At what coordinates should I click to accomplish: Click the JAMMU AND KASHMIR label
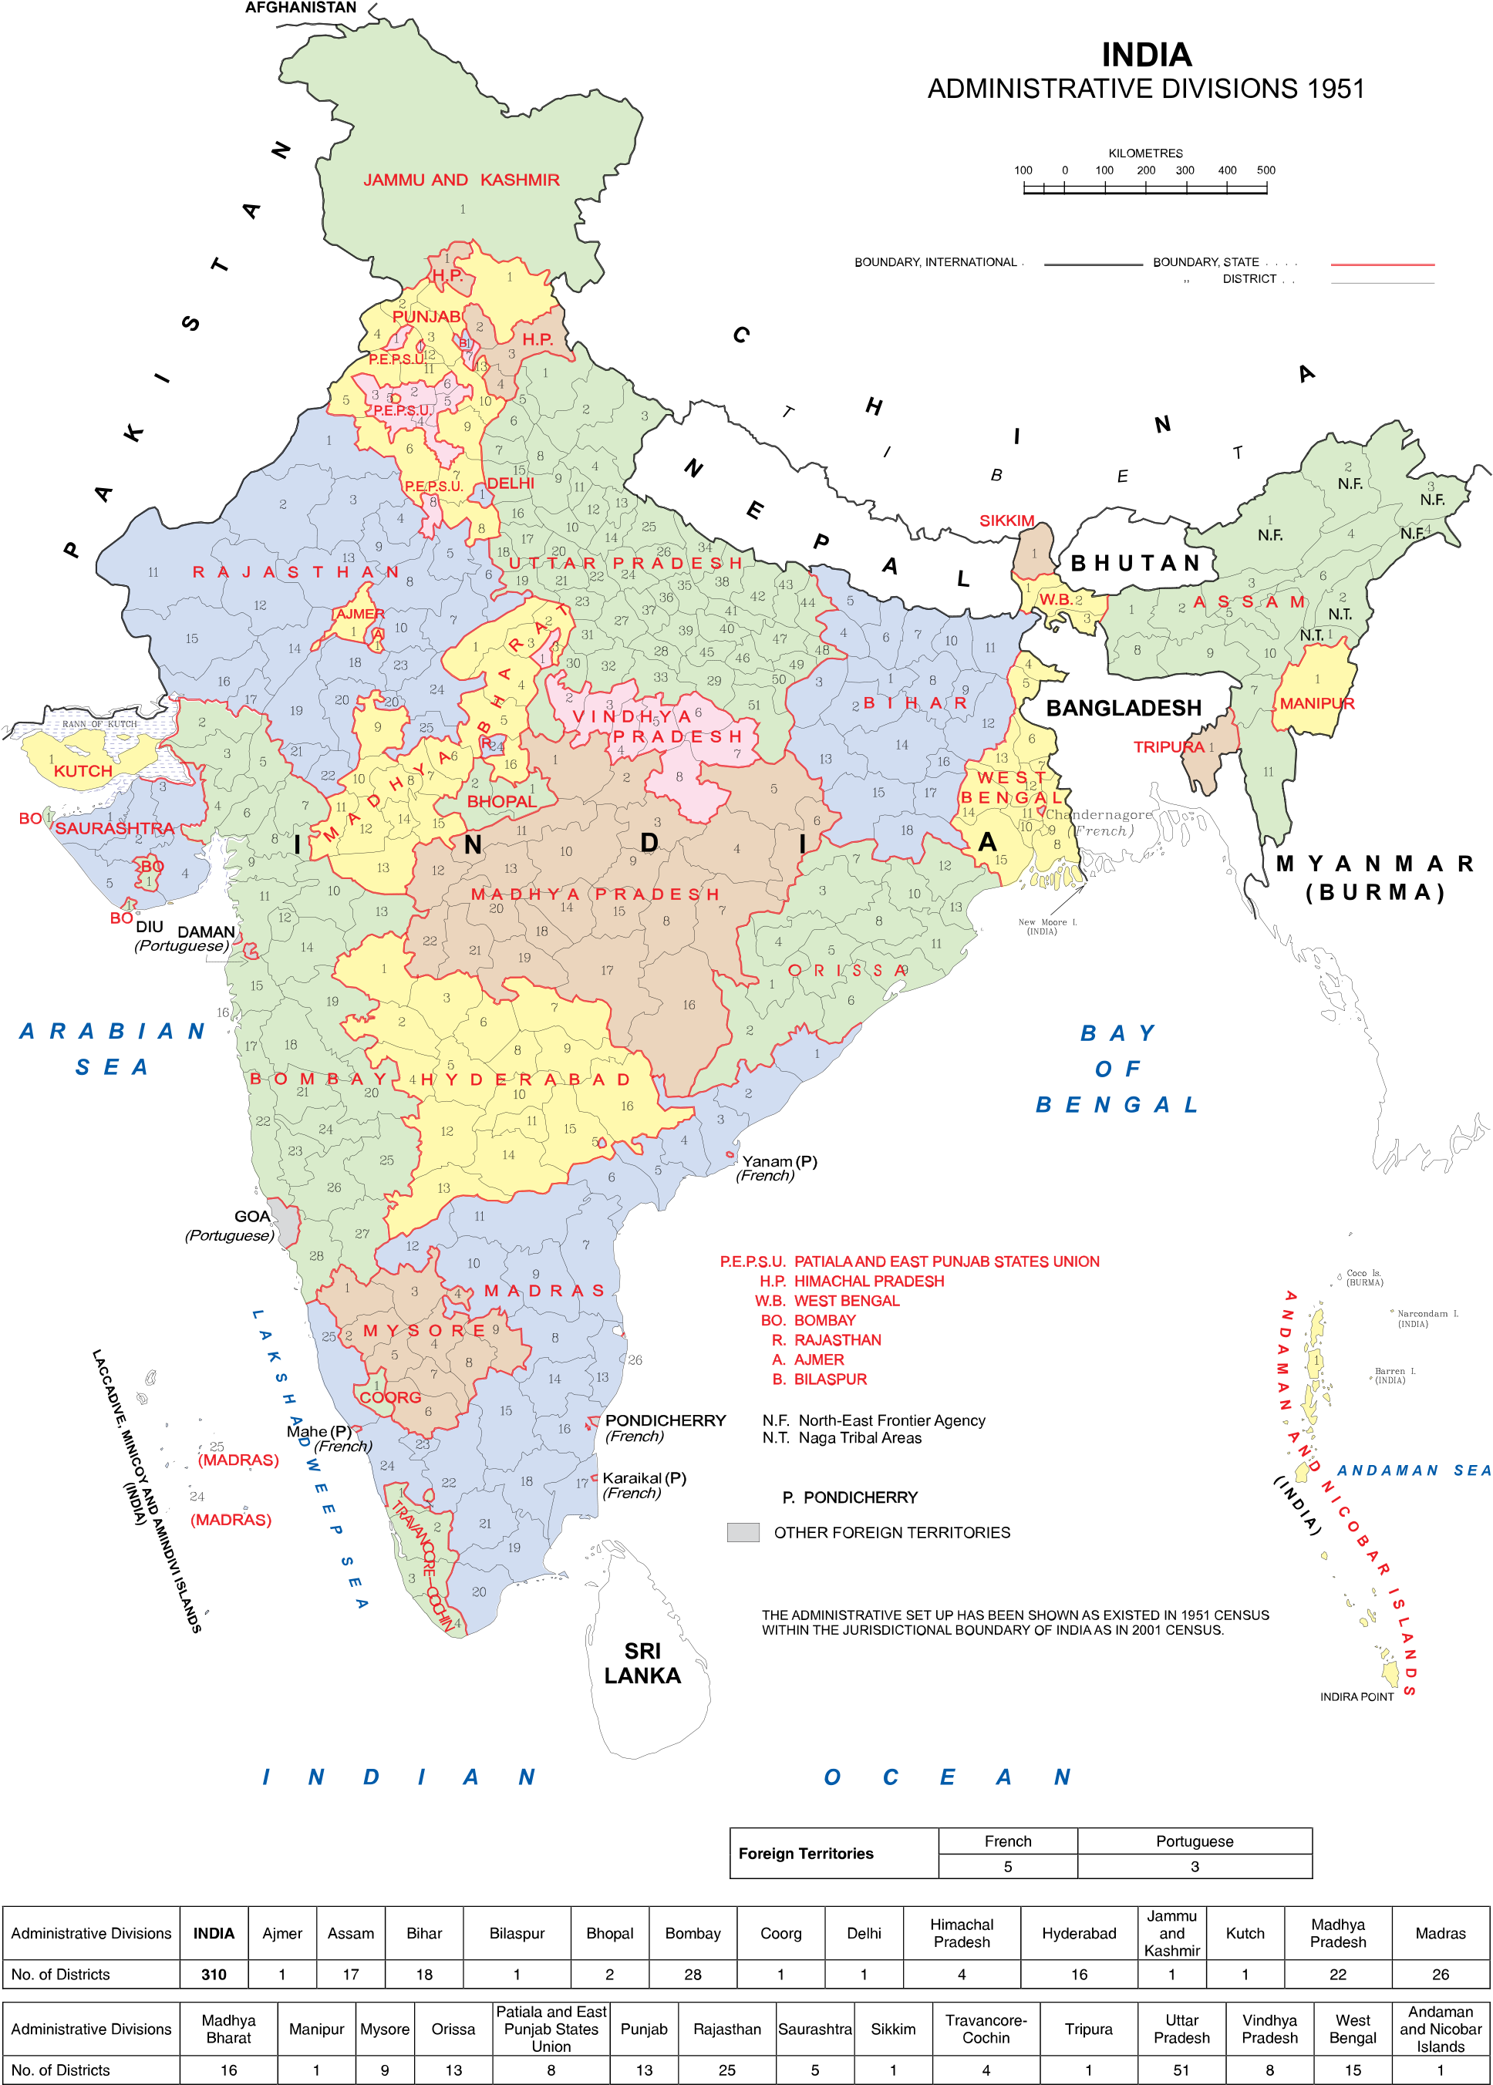coord(460,180)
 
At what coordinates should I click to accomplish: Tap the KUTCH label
coord(83,771)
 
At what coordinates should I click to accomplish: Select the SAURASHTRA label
coord(115,828)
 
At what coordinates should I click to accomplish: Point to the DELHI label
coord(511,483)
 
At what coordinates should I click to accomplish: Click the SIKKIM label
coord(1006,521)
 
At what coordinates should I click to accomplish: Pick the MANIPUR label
coord(1316,704)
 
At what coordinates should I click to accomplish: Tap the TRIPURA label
coord(1168,747)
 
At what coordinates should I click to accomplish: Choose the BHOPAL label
coord(501,802)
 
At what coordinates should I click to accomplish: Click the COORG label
coord(389,1397)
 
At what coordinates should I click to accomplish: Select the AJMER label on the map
coord(359,614)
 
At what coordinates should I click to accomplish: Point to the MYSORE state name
coord(425,1331)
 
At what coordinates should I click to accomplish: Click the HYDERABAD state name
coord(525,1080)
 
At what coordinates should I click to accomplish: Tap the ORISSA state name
coord(848,971)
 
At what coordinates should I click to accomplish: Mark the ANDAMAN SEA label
coord(1413,1471)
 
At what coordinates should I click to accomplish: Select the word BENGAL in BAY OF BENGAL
coord(1117,1105)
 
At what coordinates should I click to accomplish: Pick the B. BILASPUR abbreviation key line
coord(820,1379)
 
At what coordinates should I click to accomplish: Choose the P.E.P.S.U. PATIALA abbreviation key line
coord(909,1261)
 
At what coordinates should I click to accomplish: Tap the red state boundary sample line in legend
coord(1382,264)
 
